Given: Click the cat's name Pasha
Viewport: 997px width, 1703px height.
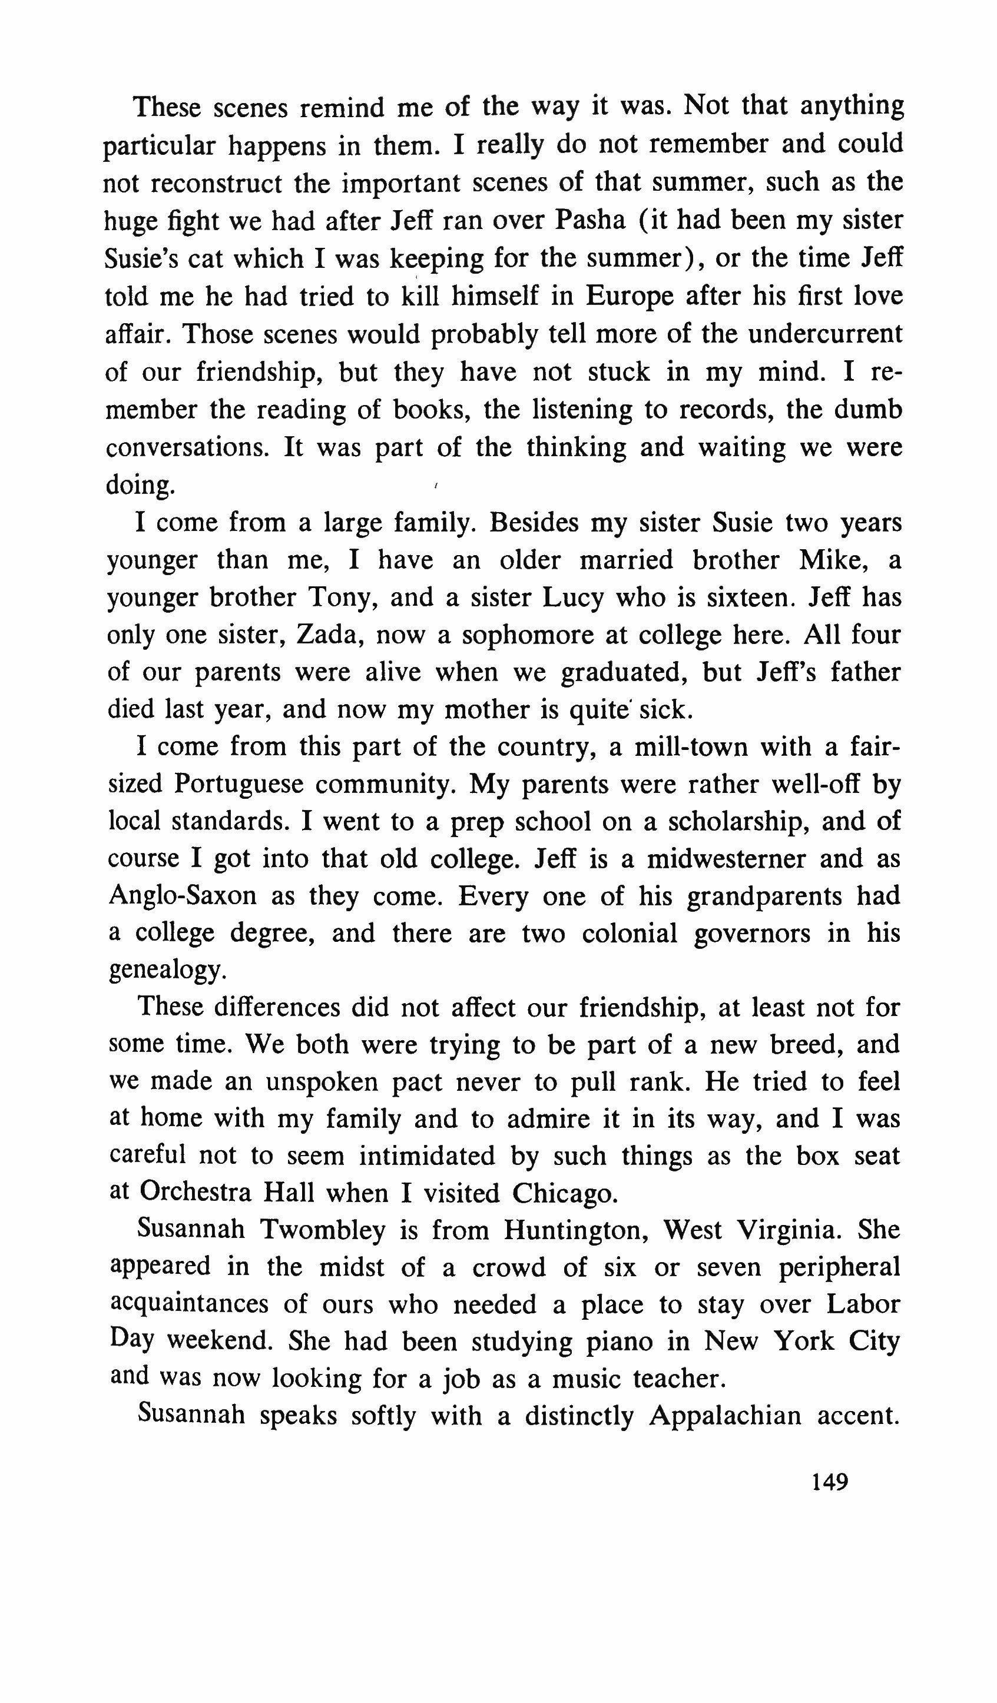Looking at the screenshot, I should pos(591,221).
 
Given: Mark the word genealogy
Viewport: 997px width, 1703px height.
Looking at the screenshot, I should pos(165,972).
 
